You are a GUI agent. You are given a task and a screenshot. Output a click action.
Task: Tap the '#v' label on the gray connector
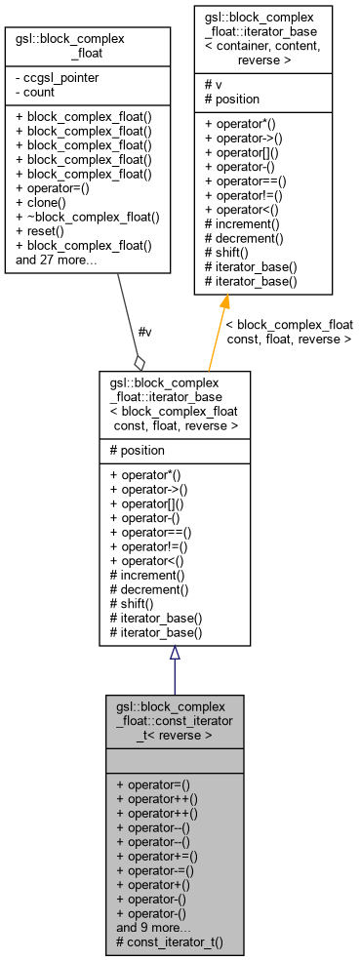[x=145, y=332]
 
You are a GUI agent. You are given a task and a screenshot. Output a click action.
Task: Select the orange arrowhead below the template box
[x=222, y=304]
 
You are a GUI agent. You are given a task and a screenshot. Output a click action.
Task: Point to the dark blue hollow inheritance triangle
[x=175, y=654]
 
